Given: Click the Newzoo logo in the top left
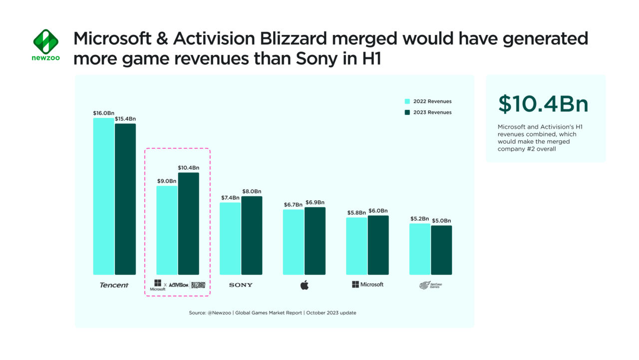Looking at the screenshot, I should coord(45,45).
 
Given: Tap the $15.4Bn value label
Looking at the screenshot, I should coord(125,119).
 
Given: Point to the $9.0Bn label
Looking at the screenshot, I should coord(167,181).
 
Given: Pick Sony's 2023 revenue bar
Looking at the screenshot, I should coord(252,235).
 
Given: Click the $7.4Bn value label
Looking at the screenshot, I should coord(230,198).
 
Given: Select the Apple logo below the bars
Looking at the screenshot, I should coord(304,285).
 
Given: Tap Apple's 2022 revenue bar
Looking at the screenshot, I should coord(293,242).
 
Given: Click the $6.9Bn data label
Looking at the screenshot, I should coord(315,202).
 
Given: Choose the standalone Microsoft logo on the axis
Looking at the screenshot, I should coord(367,284).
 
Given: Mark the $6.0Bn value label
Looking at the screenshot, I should coord(378,211).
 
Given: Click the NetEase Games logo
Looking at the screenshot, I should coord(430,285).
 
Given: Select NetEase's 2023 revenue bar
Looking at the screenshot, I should coord(441,250).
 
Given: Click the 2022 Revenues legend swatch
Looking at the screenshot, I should coord(407,101).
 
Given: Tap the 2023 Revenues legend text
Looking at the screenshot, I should coord(432,112).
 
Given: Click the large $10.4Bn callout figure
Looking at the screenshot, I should coord(543,104).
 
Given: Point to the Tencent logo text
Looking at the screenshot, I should coord(114,285).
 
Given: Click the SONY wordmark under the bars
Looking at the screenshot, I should coord(241,285).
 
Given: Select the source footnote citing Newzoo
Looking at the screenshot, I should coord(273,313).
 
